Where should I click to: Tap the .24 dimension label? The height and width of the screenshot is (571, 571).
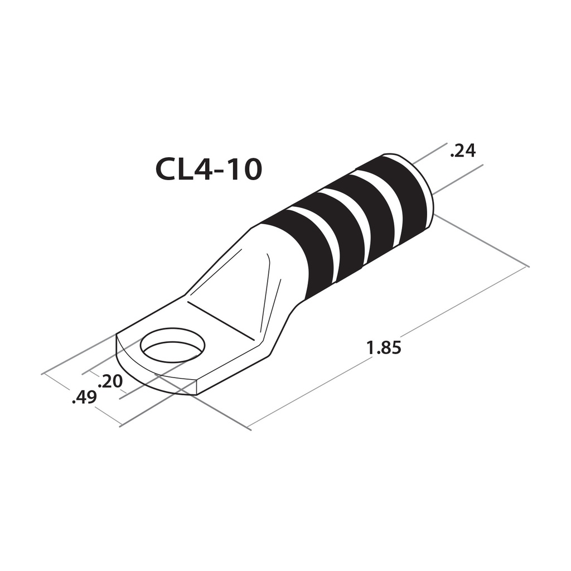click(x=462, y=150)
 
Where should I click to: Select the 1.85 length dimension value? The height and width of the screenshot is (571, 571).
click(x=384, y=348)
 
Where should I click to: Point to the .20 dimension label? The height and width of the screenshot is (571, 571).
click(x=110, y=381)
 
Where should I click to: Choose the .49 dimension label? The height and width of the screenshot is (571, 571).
click(x=84, y=398)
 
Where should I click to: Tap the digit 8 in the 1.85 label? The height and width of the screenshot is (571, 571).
click(x=384, y=348)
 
